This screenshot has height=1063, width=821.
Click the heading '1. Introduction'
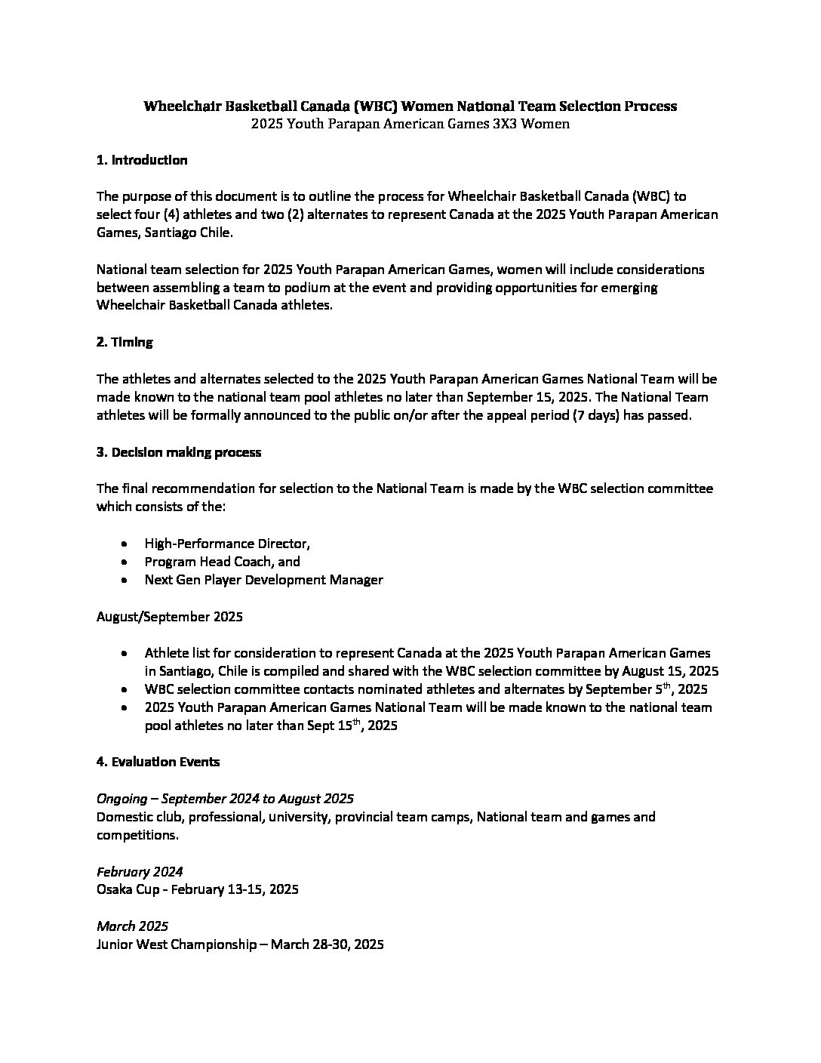[x=142, y=160]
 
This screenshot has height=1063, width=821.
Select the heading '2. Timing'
[x=125, y=342]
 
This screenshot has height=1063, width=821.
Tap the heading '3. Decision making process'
[x=179, y=452]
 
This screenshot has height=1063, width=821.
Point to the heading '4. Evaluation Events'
[x=158, y=762]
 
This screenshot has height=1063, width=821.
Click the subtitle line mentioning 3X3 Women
[x=410, y=124]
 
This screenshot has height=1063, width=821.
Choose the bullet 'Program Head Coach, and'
[x=222, y=562]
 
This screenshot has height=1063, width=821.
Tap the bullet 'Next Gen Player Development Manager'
[x=263, y=580]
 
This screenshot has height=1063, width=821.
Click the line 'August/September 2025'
[x=170, y=617]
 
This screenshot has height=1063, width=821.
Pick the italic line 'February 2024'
[x=140, y=871]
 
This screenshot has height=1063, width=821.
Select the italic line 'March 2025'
[x=132, y=926]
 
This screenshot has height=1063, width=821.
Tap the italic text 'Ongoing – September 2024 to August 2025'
[x=226, y=799]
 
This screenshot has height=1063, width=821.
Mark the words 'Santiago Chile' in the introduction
[x=188, y=233]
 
